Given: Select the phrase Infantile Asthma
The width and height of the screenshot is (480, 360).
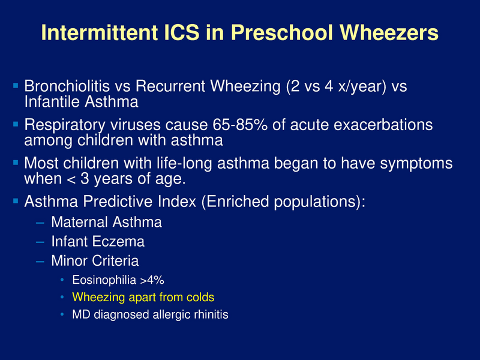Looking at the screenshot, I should click(x=81, y=101).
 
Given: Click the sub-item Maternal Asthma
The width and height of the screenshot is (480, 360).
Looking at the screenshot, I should click(x=106, y=223).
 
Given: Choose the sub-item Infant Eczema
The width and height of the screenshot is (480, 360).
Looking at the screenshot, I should click(x=98, y=242).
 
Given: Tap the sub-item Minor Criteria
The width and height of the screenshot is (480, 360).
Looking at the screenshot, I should click(x=95, y=261).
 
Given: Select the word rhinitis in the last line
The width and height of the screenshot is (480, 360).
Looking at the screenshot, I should click(x=209, y=314).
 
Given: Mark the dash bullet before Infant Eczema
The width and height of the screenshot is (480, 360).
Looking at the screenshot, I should click(x=40, y=242).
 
